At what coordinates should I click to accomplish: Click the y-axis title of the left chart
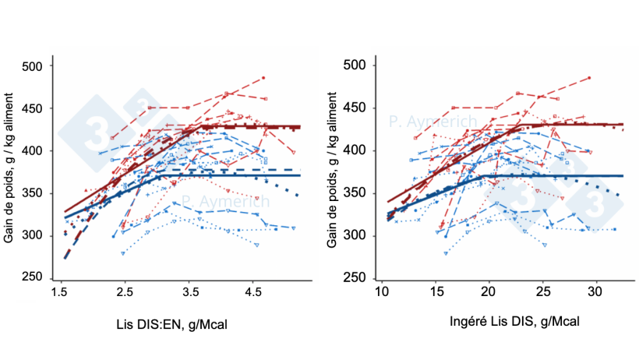10,171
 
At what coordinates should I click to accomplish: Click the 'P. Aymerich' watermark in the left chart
228,201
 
